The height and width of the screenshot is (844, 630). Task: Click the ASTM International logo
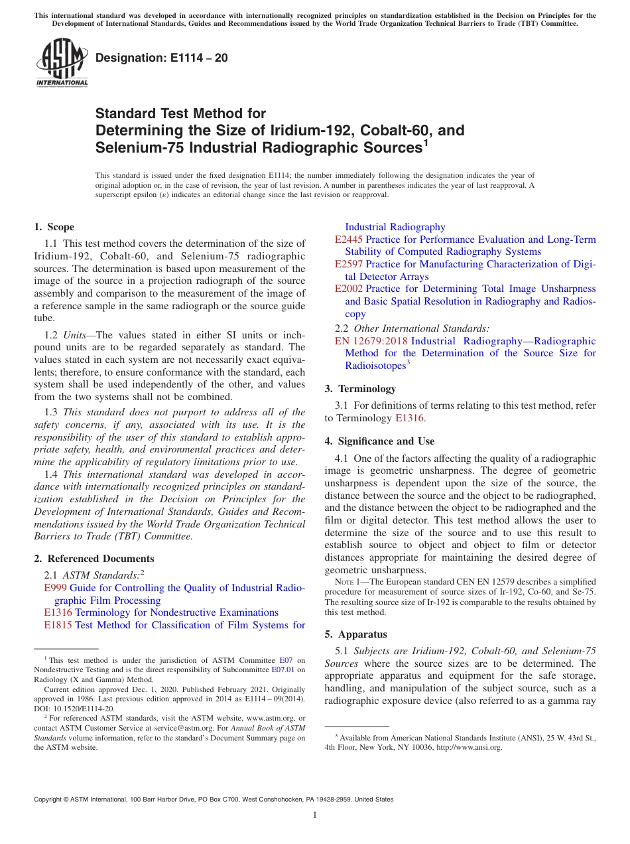[x=62, y=62]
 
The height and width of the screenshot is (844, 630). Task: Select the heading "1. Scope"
[x=54, y=227]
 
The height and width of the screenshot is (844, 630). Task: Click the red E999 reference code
[x=55, y=588]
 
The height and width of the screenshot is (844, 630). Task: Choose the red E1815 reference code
[x=58, y=625]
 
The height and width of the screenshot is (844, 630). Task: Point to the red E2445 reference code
[x=349, y=240]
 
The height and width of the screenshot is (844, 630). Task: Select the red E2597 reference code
[x=349, y=264]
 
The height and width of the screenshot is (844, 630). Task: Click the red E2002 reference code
[x=349, y=289]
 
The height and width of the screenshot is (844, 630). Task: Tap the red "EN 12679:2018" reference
[x=371, y=341]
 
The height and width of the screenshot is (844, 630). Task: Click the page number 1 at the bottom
[x=315, y=815]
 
